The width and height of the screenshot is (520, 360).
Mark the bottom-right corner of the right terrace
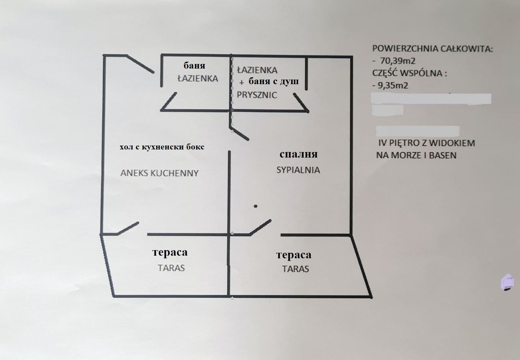tap(371, 297)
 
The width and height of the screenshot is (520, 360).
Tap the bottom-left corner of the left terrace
tap(113, 296)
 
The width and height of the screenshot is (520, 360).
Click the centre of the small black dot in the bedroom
tap(255, 206)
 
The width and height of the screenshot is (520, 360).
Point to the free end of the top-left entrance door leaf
tap(153, 72)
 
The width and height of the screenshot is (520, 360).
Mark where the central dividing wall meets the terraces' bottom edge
tap(229, 296)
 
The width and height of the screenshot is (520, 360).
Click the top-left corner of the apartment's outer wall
tap(104, 55)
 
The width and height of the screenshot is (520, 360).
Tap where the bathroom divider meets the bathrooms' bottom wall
tap(230, 111)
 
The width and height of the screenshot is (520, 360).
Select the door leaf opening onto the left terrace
tap(128, 228)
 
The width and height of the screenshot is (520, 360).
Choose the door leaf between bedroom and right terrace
tap(260, 227)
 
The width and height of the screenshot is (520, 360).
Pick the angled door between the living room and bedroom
tap(239, 134)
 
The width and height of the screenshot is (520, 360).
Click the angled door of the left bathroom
tap(169, 102)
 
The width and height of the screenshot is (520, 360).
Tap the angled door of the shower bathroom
tap(301, 103)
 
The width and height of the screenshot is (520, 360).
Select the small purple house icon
tap(507, 282)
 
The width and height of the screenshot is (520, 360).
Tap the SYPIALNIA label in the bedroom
tap(298, 170)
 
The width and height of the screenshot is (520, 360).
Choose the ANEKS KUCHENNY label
tap(160, 173)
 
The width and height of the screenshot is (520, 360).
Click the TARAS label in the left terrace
tap(171, 268)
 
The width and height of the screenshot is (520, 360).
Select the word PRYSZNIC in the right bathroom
tap(257, 95)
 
